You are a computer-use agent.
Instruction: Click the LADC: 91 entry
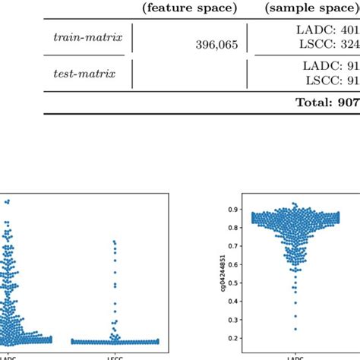(335, 66)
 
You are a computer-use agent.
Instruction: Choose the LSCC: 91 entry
(335, 81)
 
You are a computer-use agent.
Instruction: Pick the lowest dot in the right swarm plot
(295, 329)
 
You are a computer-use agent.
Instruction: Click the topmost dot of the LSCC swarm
(114, 242)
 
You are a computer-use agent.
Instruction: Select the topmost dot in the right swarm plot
(294, 204)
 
